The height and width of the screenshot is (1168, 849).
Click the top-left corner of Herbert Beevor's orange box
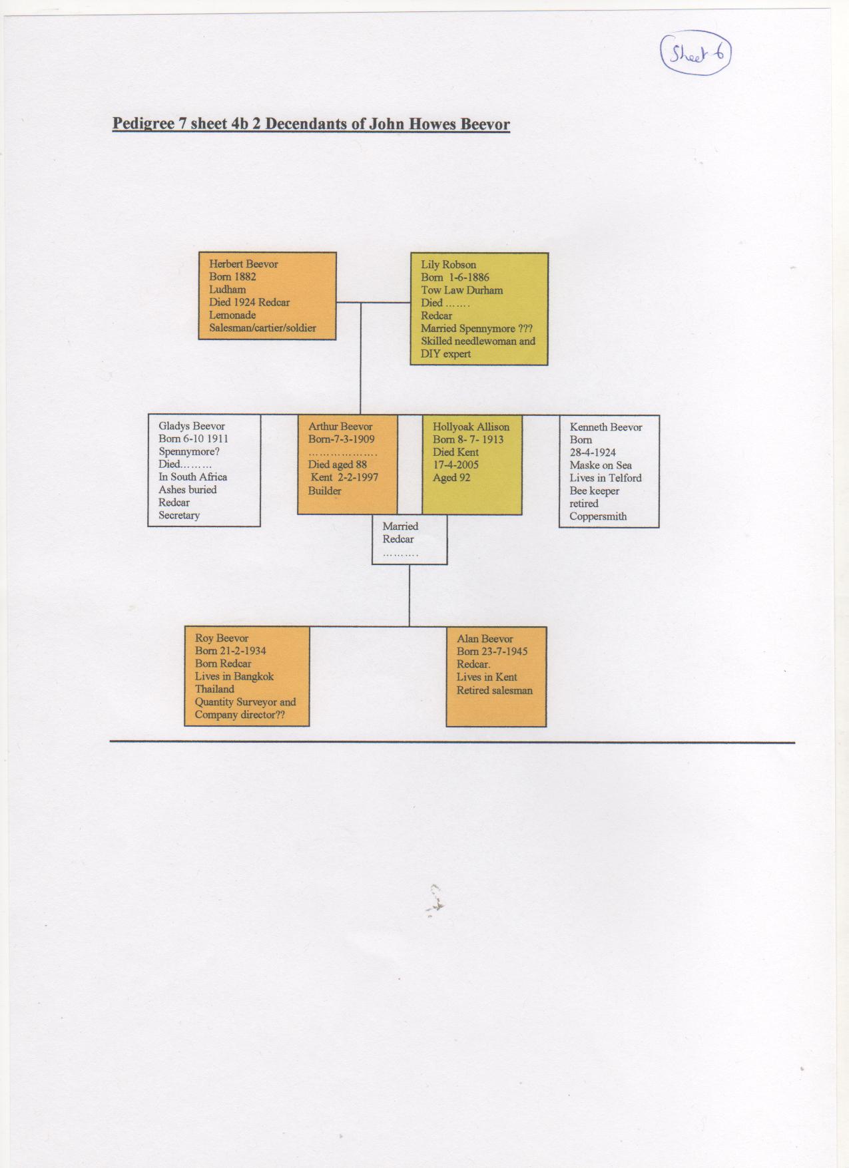tap(199, 253)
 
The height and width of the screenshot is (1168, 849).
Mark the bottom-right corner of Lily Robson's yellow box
tap(548, 365)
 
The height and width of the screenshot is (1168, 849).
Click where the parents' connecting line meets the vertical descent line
tap(361, 303)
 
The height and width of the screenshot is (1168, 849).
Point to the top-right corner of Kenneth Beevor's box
tap(659, 416)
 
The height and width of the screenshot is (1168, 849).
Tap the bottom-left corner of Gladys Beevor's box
tap(148, 526)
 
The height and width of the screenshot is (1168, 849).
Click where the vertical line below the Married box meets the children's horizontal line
tap(410, 626)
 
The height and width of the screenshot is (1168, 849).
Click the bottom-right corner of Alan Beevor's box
tap(546, 726)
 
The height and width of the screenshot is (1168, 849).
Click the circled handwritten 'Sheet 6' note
tap(696, 53)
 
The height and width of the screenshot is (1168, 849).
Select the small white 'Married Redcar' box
tap(410, 540)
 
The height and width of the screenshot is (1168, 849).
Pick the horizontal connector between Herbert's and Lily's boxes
tap(373, 303)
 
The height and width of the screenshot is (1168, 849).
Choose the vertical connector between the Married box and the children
tap(410, 596)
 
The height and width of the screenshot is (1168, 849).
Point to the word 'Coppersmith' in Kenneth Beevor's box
tap(598, 516)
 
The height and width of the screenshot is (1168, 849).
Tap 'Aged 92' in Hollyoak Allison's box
tap(451, 478)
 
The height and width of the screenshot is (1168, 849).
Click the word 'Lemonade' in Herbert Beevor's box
tap(232, 315)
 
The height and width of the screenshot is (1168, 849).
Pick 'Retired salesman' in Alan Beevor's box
tap(495, 691)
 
